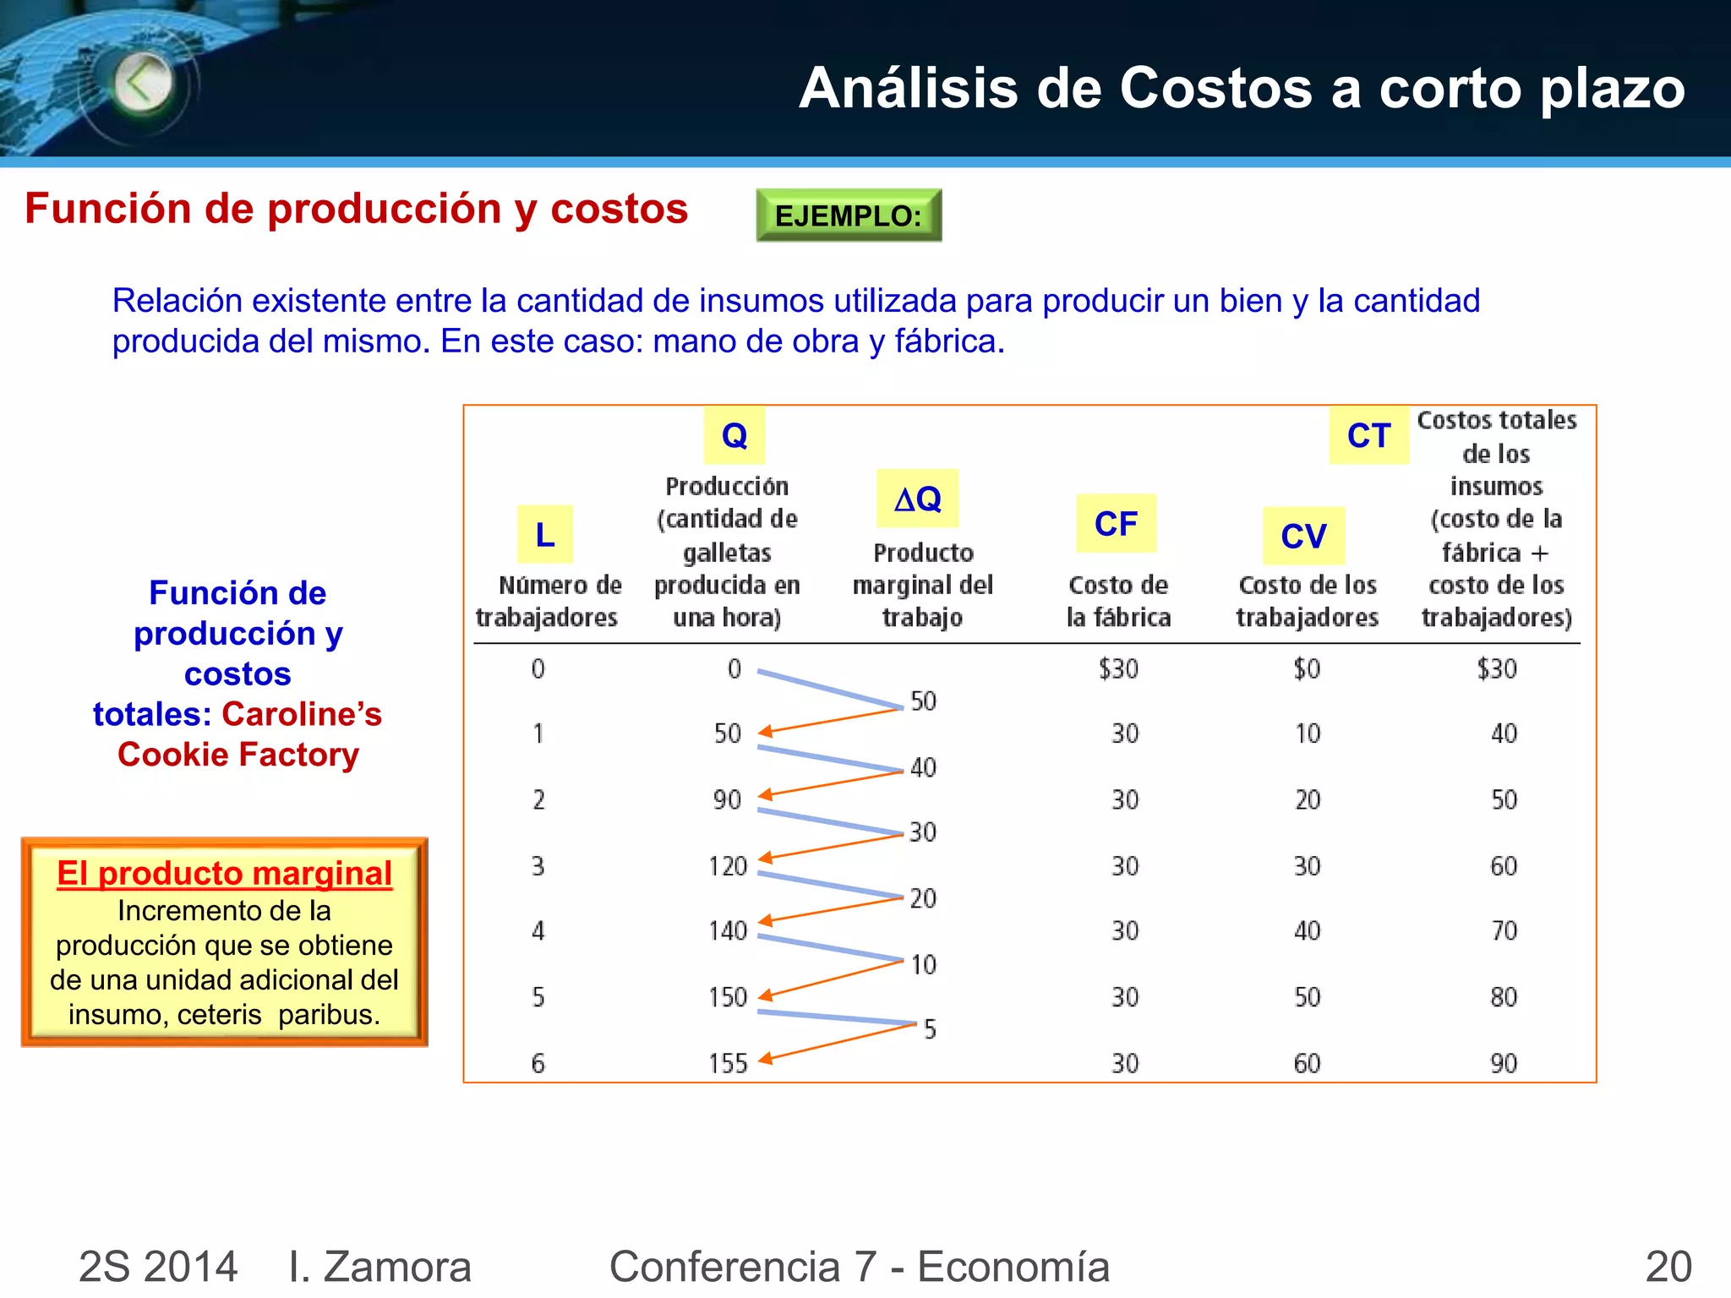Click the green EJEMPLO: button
point(848,215)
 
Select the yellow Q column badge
point(734,435)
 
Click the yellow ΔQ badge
point(918,499)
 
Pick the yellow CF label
point(1116,524)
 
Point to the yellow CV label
point(1303,536)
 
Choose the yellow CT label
point(1368,435)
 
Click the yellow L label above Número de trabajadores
point(545,534)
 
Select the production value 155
point(728,1063)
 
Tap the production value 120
point(728,866)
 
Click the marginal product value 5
point(930,1029)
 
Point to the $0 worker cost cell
point(1307,669)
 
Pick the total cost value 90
point(1504,1063)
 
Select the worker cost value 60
point(1307,1063)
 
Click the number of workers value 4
point(538,931)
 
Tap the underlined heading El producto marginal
point(224,873)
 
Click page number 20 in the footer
point(1668,1266)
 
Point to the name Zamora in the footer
point(396,1266)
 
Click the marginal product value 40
point(923,767)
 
